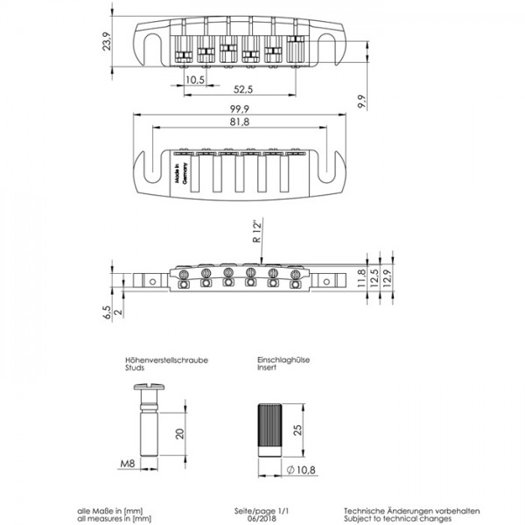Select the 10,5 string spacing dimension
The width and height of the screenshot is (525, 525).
tap(194, 80)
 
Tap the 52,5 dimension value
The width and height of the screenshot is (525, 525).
tap(243, 90)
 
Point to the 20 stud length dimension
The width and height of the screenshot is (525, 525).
tap(178, 434)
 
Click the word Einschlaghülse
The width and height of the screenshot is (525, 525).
tap(279, 360)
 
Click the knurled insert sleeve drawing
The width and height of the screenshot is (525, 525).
tap(269, 430)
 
